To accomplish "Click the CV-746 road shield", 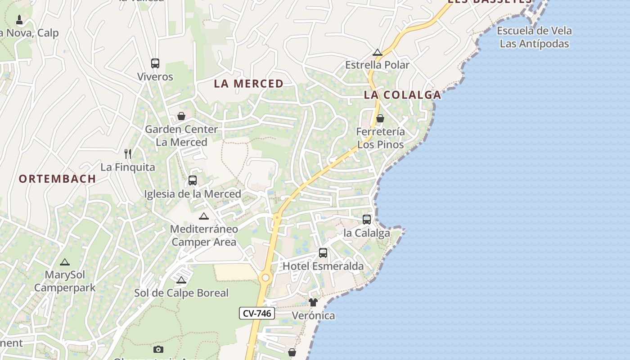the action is point(257,314).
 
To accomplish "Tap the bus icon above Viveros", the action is point(155,63).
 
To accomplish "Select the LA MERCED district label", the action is point(249,84).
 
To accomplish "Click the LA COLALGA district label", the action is point(403,95).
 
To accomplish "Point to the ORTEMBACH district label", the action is point(58,179).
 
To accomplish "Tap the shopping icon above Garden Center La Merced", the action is point(181,117).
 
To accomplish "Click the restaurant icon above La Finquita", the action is point(128,154).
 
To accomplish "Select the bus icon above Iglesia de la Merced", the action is point(193,180).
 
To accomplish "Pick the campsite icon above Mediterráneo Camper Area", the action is point(204,216).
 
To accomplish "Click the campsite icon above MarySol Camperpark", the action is point(65,262).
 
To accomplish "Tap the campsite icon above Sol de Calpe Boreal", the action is point(181,280).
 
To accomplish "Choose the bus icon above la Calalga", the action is point(367,220).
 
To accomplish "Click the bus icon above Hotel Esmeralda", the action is point(323,253).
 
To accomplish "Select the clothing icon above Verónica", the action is point(313,302).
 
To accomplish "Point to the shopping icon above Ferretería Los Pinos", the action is point(380,118).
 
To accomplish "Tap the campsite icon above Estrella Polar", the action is point(378,52).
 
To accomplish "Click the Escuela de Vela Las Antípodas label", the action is point(535,37).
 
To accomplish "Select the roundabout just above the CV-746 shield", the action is point(265,278).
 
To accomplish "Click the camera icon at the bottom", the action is point(158,349).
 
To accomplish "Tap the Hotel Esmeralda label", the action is point(323,266).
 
